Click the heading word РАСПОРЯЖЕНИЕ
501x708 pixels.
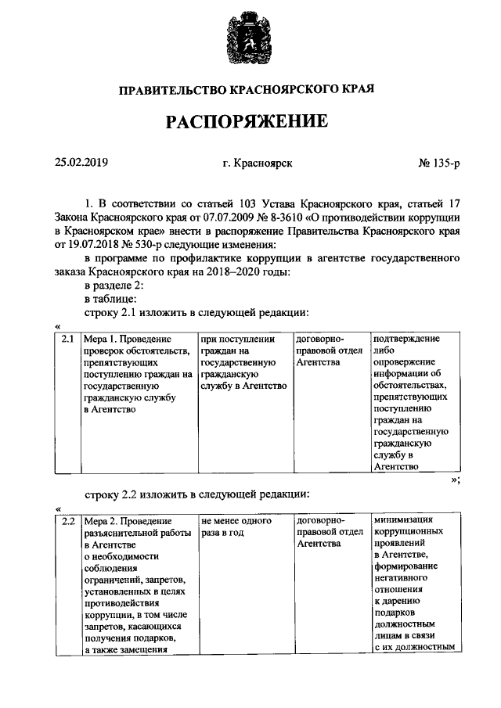coord(245,122)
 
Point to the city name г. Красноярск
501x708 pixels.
coord(258,163)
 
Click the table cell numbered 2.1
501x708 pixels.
coord(68,340)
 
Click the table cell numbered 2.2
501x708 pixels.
coord(68,521)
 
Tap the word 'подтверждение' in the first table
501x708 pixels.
coord(406,339)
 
